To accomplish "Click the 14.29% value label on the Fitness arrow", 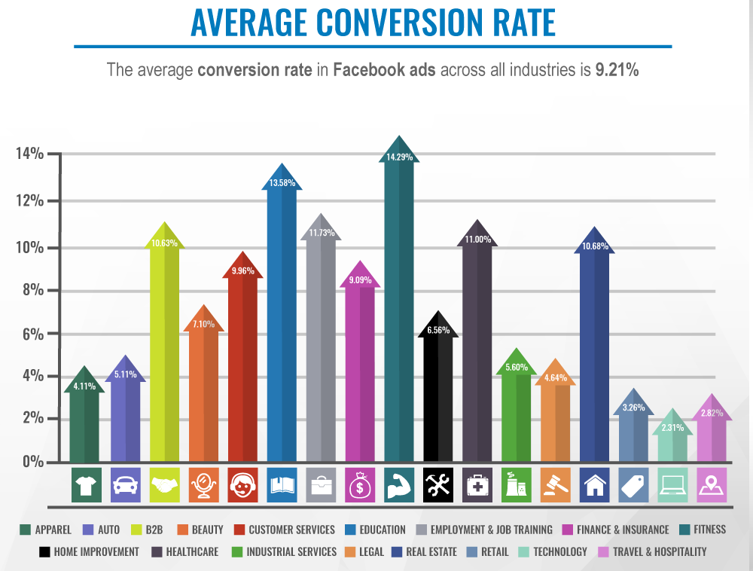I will tap(399, 157).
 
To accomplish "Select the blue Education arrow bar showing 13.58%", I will tap(281, 324).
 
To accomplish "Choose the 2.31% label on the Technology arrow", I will tap(672, 428).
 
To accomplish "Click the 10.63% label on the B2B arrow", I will tap(164, 243).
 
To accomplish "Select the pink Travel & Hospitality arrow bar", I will tap(712, 437).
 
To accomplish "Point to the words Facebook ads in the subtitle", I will tap(385, 71).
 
